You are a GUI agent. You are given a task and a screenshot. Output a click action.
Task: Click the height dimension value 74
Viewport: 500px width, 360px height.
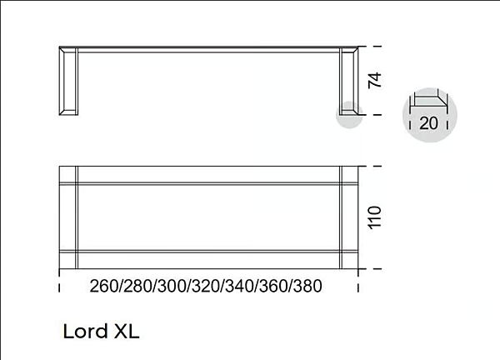(x=375, y=81)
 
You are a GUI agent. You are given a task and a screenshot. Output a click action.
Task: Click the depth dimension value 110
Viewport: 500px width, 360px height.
(x=375, y=217)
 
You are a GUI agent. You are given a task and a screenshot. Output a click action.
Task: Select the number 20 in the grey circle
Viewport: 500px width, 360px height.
(x=429, y=123)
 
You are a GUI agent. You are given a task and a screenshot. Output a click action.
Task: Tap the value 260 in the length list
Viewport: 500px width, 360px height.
(x=103, y=286)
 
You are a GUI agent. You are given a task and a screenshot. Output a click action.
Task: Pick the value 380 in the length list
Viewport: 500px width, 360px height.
(x=307, y=286)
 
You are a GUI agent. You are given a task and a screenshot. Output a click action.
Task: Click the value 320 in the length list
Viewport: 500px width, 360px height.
(x=205, y=286)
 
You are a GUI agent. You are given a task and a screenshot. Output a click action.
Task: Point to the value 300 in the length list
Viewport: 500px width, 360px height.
(x=172, y=286)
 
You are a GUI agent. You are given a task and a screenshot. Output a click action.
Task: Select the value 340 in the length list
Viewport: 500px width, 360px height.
(x=239, y=286)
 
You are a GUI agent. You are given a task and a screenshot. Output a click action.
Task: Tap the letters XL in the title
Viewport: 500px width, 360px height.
(x=126, y=331)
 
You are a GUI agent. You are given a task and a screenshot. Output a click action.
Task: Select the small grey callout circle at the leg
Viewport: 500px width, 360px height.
(x=348, y=115)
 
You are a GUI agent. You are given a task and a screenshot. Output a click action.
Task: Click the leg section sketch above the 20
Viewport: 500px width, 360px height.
(x=429, y=102)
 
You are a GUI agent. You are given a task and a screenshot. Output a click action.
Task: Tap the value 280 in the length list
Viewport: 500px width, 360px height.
(x=137, y=286)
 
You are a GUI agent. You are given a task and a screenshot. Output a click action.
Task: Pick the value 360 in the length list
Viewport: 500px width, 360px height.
(x=273, y=286)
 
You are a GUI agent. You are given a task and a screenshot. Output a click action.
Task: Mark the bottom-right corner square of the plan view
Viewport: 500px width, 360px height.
(x=349, y=259)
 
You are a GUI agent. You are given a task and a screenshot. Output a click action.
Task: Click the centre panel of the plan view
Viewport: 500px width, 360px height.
(x=208, y=217)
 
